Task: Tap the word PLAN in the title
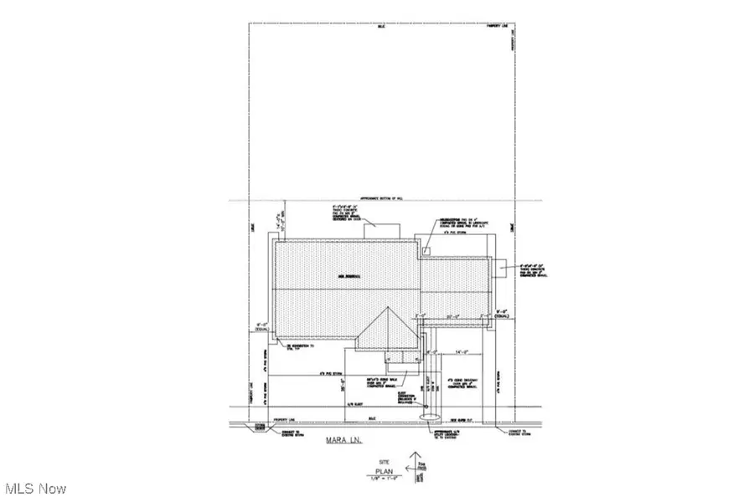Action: (386, 471)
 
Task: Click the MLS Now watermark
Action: (35, 488)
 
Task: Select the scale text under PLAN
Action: (386, 479)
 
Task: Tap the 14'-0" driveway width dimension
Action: (458, 352)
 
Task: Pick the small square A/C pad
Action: (426, 250)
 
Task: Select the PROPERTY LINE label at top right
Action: (499, 26)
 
